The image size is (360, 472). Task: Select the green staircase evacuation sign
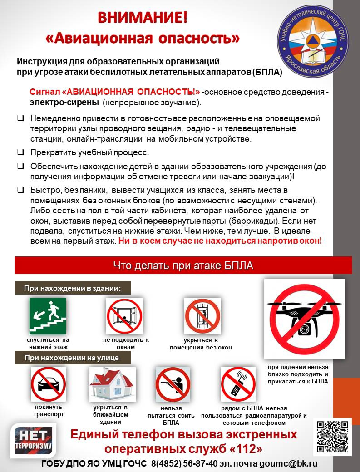(x=48, y=316)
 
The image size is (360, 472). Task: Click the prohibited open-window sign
(x=124, y=316)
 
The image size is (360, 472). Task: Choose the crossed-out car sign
(x=48, y=384)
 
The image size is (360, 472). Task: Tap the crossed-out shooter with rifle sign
(x=173, y=385)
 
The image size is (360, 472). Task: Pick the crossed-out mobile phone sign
(x=238, y=384)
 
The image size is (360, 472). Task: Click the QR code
(x=333, y=437)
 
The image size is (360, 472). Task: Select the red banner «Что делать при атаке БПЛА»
(x=183, y=265)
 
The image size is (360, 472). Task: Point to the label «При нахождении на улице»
(x=72, y=358)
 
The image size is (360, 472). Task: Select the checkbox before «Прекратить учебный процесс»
(x=20, y=152)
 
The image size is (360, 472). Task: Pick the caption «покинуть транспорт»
(x=49, y=411)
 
